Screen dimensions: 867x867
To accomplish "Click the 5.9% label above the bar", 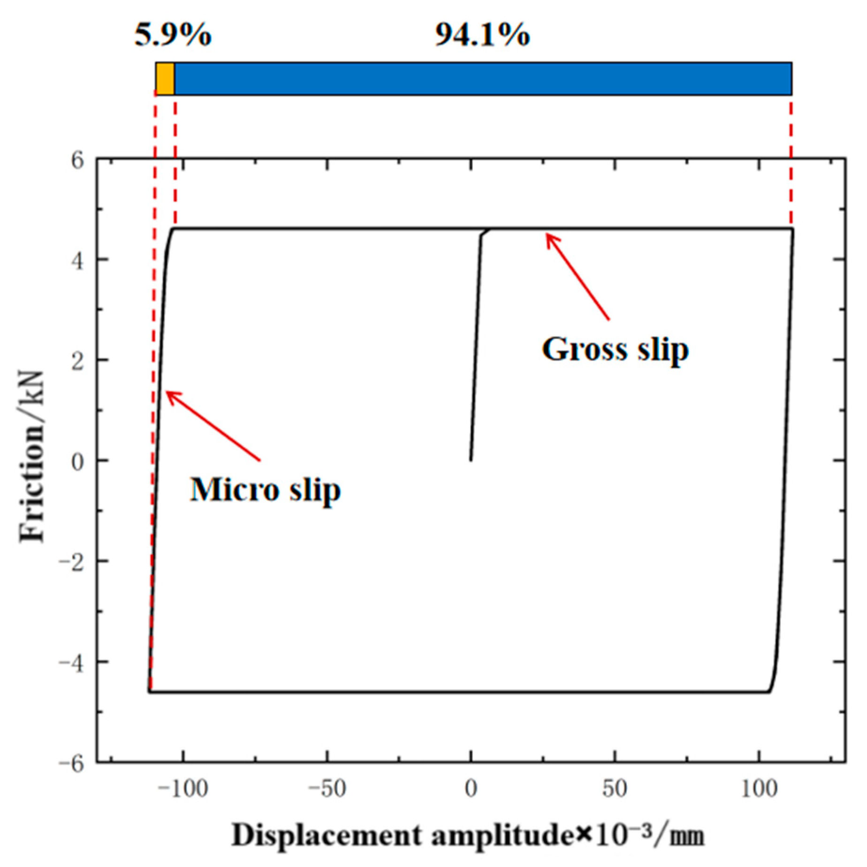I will pos(173,35).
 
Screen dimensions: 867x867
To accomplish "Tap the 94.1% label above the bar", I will pos(482,35).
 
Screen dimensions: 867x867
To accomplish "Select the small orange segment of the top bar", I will pos(165,78).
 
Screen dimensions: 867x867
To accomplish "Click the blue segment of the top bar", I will pos(483,78).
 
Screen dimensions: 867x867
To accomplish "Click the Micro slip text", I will pos(265,490).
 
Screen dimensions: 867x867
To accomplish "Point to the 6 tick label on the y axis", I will pos(77,161).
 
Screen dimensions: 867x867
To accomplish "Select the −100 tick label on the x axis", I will pos(182,789).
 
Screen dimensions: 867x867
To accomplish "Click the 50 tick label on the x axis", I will pos(614,789).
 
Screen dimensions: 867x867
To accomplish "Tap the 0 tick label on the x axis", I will pos(471,789).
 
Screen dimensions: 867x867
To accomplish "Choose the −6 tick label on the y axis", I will pos(71,763).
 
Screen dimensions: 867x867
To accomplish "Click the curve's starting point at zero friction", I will pos(471,460).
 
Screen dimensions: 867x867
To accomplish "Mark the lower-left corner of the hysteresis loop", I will pos(149,692).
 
